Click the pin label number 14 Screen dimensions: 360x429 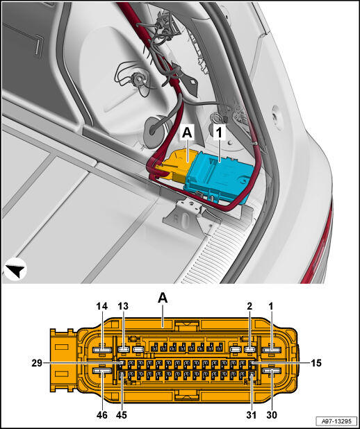coord(102,306)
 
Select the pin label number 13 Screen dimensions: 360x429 coord(123,306)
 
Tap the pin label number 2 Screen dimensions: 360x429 coord(249,306)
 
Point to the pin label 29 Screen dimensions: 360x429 coord(37,363)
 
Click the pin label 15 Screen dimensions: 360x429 coord(316,363)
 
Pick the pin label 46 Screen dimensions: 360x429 coord(102,414)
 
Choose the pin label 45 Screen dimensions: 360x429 coord(122,414)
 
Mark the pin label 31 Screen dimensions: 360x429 coord(251,414)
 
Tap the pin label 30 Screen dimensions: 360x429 coord(272,414)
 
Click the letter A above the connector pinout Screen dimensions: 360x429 coord(163,298)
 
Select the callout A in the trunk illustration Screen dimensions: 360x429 coord(187,133)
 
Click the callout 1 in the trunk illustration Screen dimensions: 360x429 coord(219,133)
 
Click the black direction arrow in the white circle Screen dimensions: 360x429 coord(15,270)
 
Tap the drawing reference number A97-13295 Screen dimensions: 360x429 coord(336,421)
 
